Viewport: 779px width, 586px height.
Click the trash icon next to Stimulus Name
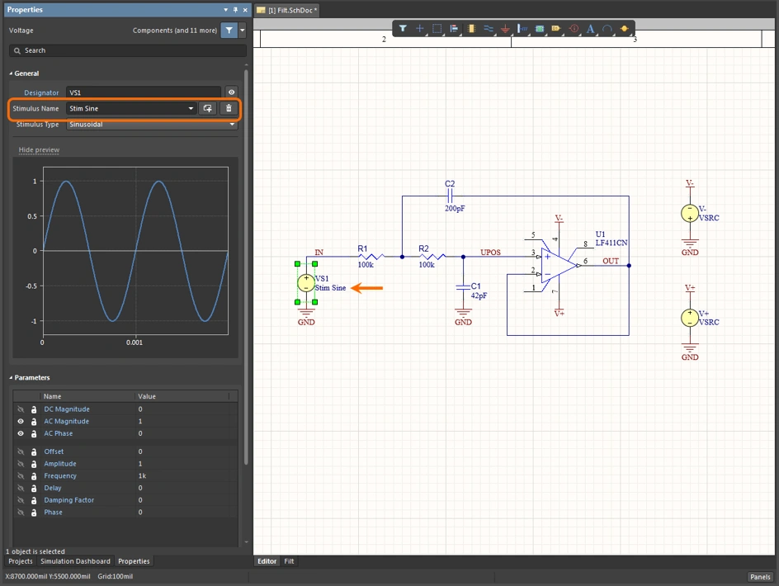coord(229,108)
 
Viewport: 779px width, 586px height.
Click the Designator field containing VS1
coord(143,92)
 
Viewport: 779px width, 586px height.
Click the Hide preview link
coord(39,150)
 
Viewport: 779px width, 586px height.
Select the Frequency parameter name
coord(60,475)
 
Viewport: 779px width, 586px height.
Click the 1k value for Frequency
coord(142,475)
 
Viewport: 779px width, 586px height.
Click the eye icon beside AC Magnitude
coord(21,421)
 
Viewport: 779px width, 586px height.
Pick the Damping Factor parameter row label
coord(68,500)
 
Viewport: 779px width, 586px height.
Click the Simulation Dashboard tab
coord(75,561)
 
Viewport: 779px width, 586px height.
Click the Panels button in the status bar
coord(760,577)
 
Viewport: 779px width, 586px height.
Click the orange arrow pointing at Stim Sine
coord(368,288)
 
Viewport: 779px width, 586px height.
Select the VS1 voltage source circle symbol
coord(305,283)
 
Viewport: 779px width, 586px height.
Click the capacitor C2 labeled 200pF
coord(450,196)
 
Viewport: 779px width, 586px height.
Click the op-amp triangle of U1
coord(558,266)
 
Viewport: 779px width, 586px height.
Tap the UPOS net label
coord(490,251)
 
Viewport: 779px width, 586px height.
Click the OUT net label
coord(610,261)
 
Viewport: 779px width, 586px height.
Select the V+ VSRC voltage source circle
coord(689,318)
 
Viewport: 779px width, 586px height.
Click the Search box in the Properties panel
coord(124,50)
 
